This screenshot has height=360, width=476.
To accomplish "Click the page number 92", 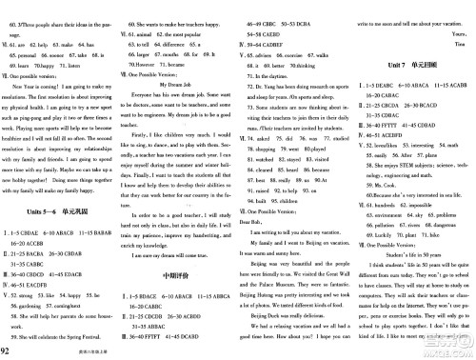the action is (x=10, y=349).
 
